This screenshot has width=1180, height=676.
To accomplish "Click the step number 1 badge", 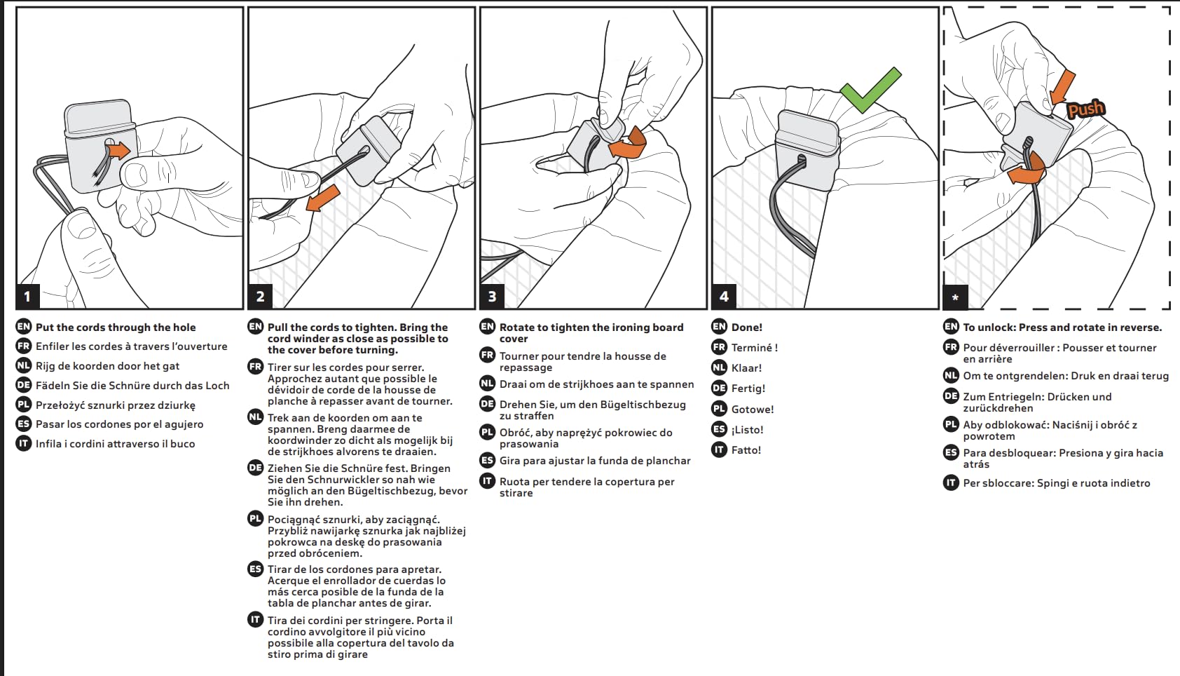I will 27,296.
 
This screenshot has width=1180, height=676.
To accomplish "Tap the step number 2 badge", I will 260,296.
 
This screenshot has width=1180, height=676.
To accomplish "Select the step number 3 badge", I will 492,296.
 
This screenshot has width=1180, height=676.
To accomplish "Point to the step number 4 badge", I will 724,296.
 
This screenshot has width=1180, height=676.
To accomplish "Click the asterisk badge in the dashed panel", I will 955,297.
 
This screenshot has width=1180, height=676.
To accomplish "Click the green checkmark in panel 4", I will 870,90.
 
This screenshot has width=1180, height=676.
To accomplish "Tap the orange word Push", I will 1085,109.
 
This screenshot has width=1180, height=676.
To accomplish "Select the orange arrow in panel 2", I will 322,198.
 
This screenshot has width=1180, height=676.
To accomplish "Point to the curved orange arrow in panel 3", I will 629,144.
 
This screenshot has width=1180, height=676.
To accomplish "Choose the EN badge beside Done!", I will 719,326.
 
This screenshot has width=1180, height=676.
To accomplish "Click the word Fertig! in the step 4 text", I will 748,388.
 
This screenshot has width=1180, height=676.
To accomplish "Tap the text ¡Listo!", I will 747,430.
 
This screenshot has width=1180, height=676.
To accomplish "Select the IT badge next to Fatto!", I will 719,449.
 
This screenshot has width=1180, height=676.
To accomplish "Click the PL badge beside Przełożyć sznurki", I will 24,405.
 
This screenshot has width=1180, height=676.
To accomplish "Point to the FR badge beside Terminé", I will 719,347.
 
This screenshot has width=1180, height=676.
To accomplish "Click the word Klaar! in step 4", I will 746,368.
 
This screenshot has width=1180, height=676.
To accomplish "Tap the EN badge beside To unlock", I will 951,326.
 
